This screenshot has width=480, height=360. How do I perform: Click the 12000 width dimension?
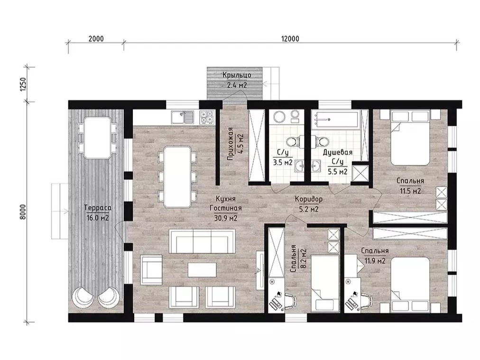pyautogui.click(x=290, y=39)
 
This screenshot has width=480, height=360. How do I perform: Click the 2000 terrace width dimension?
pyautogui.click(x=96, y=39)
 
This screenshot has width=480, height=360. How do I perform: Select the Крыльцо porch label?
pyautogui.click(x=237, y=75)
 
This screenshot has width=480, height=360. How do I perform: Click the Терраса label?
pyautogui.click(x=98, y=208)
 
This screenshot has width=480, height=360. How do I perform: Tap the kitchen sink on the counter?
pyautogui.click(x=183, y=118)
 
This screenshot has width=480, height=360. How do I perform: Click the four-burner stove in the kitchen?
pyautogui.click(x=207, y=118)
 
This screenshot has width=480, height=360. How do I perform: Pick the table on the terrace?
pyautogui.click(x=97, y=138)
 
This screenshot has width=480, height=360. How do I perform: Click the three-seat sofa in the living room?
pyautogui.click(x=202, y=242)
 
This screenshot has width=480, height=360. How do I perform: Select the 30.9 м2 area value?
pyautogui.click(x=226, y=218)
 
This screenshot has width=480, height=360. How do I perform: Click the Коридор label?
pyautogui.click(x=309, y=199)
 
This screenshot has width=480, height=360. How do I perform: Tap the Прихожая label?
pyautogui.click(x=231, y=144)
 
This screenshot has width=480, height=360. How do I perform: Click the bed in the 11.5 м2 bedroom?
pyautogui.click(x=410, y=138)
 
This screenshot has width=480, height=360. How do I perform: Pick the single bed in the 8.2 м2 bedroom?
pyautogui.click(x=325, y=284)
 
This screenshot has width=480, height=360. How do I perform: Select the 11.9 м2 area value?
pyautogui.click(x=375, y=261)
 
